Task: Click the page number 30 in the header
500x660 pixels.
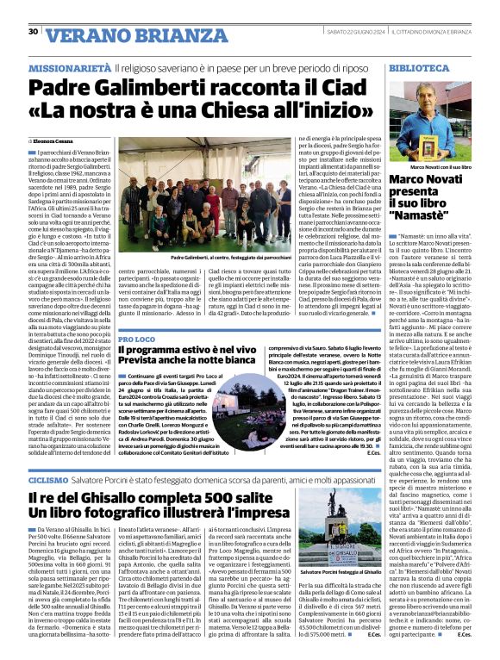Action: click(x=34, y=31)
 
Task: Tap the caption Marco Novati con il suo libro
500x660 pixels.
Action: click(x=440, y=165)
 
